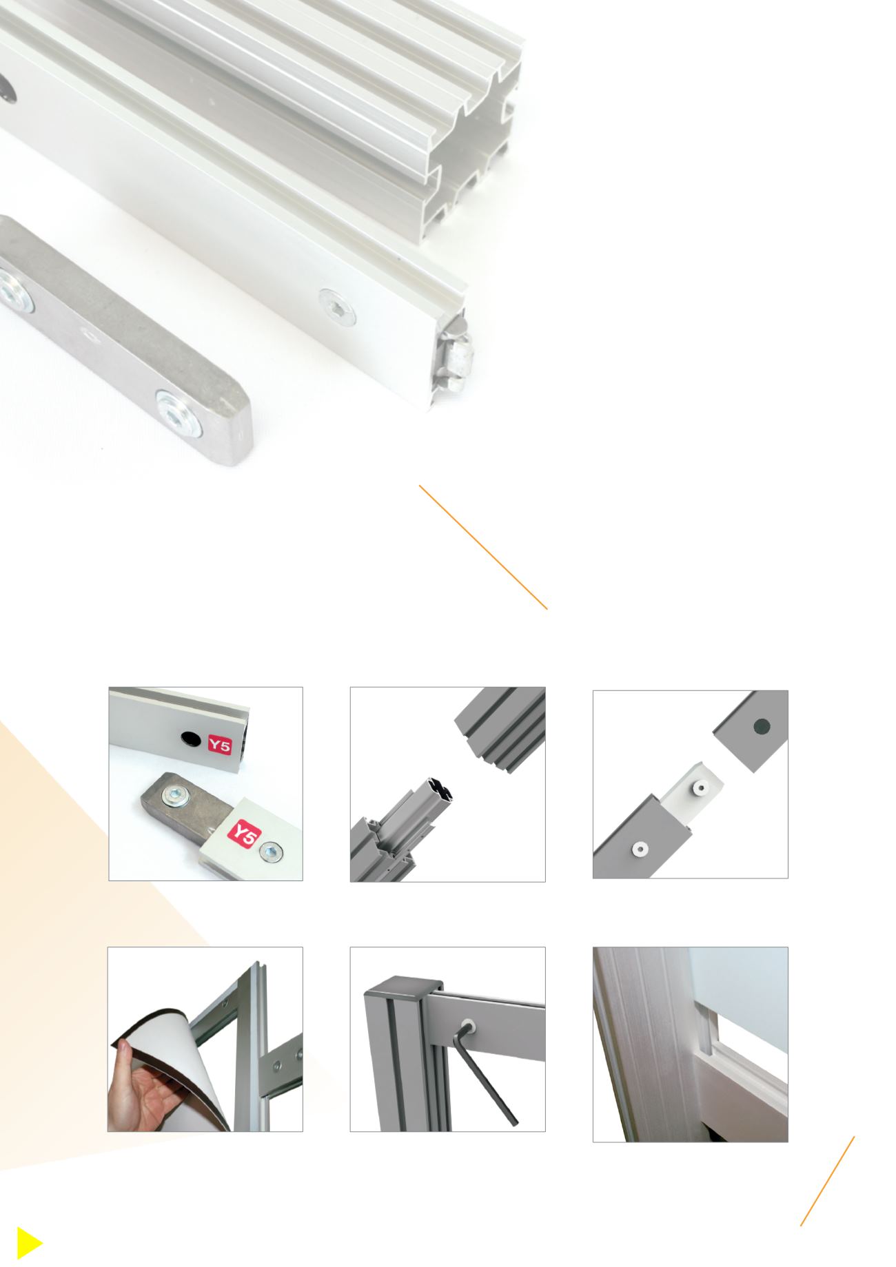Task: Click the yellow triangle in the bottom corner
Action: pyautogui.click(x=27, y=1244)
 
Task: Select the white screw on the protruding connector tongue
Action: pyautogui.click(x=702, y=787)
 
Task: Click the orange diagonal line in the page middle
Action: pyautogui.click(x=483, y=547)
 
